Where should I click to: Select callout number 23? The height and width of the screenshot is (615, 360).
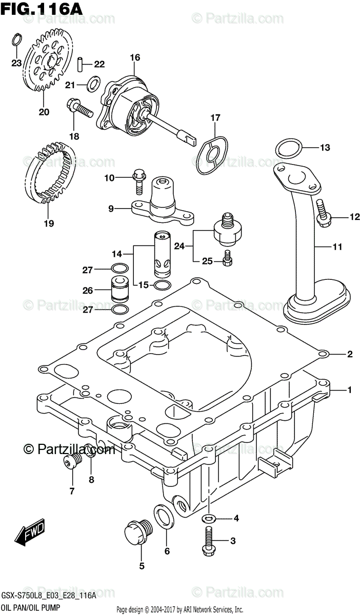(x=16, y=64)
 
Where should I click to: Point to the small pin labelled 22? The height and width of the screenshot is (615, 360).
(x=81, y=64)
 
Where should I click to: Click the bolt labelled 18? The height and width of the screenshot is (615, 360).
(x=78, y=108)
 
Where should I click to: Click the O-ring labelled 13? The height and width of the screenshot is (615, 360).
(x=288, y=149)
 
